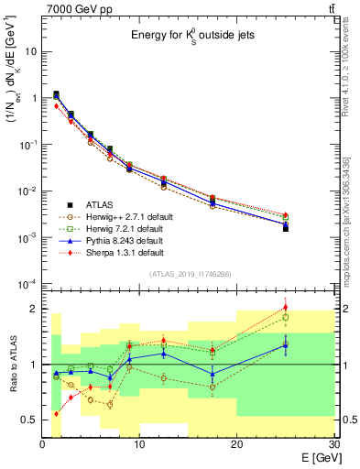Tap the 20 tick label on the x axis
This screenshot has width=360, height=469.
[x=236, y=444]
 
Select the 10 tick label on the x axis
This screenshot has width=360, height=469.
[x=139, y=444]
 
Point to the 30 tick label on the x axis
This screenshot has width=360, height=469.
[x=333, y=444]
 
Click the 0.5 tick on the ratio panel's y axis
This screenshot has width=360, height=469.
[x=27, y=420]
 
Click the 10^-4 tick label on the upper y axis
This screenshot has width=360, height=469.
[x=26, y=284]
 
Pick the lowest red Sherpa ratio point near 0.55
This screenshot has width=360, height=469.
[x=57, y=413]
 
